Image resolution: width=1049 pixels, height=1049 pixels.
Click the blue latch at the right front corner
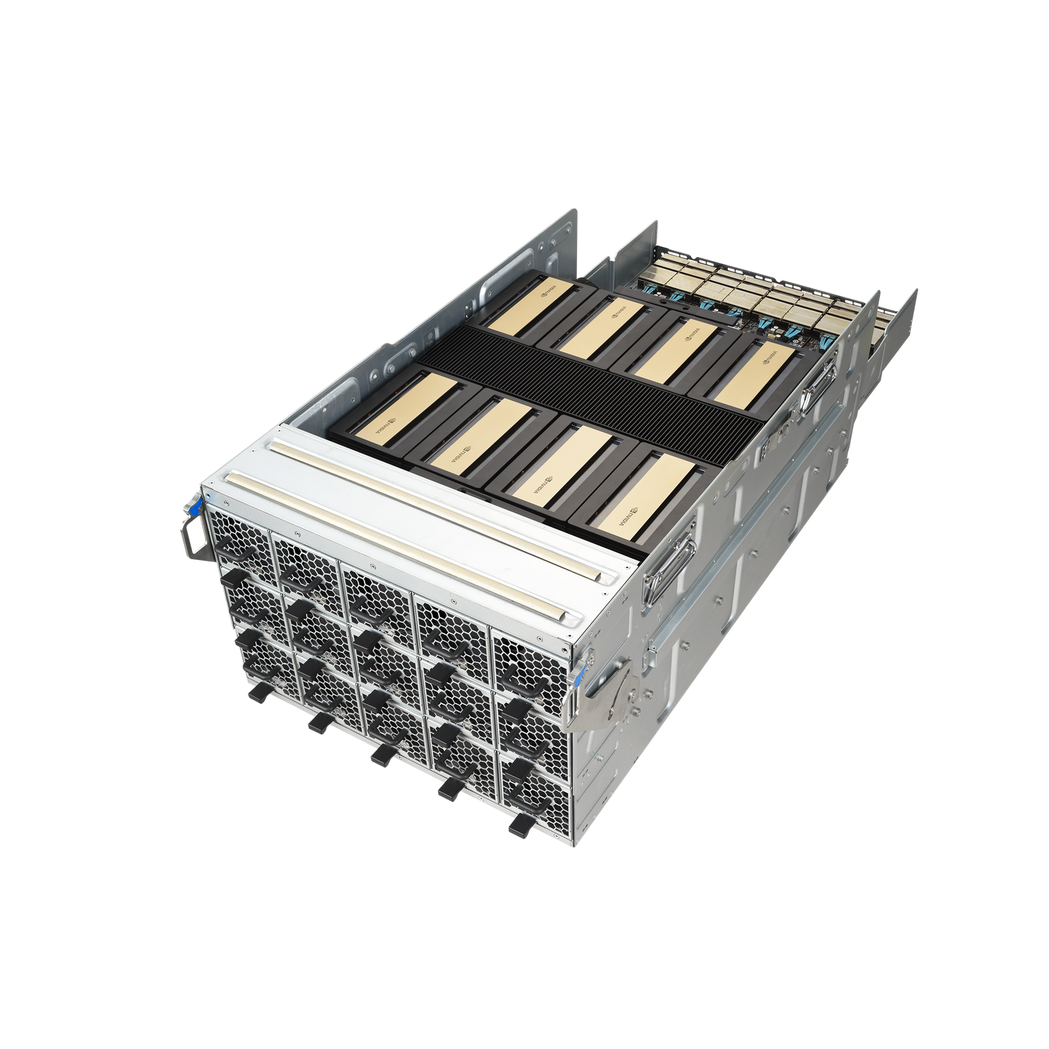[577, 675]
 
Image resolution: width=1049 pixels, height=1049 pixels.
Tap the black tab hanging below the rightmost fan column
[519, 826]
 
